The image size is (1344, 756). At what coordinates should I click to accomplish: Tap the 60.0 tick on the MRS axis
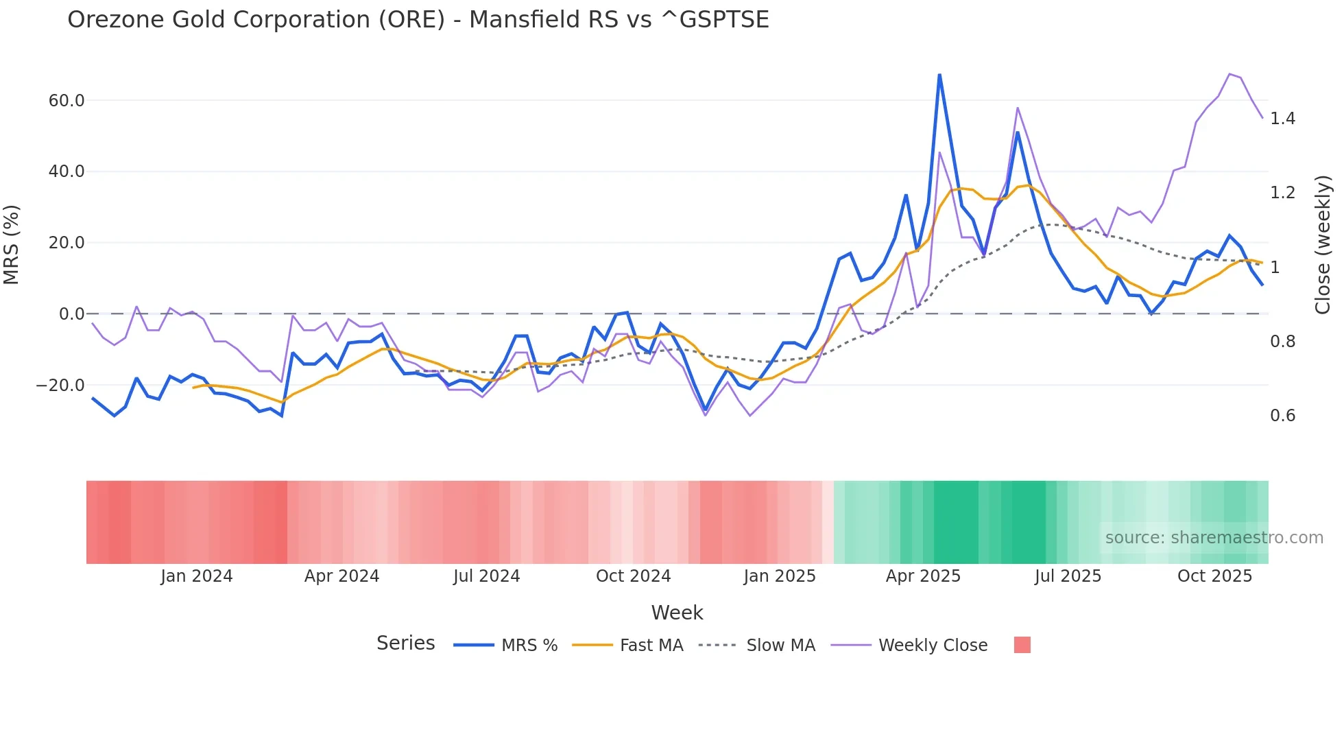67,101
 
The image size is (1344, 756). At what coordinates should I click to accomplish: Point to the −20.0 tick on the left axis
60,386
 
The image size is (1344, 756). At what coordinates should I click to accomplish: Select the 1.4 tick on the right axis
1282,119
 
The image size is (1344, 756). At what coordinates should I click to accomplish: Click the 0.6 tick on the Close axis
1282,416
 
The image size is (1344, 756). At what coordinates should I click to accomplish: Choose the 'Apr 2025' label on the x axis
923,576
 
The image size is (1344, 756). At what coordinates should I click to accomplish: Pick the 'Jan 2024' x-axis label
197,576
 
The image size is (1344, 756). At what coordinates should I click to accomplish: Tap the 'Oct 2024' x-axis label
633,576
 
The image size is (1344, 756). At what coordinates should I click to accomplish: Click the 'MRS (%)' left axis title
12,244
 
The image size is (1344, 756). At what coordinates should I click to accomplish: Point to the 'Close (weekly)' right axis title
1323,245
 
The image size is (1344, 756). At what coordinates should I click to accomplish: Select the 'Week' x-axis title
677,613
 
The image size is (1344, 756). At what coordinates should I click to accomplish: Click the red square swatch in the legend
1022,645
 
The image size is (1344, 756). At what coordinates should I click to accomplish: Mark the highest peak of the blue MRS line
939,75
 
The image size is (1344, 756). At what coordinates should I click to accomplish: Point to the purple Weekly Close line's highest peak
1229,74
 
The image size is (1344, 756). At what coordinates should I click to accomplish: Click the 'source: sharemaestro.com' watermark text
1214,538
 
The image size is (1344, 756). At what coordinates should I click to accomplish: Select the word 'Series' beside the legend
405,643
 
